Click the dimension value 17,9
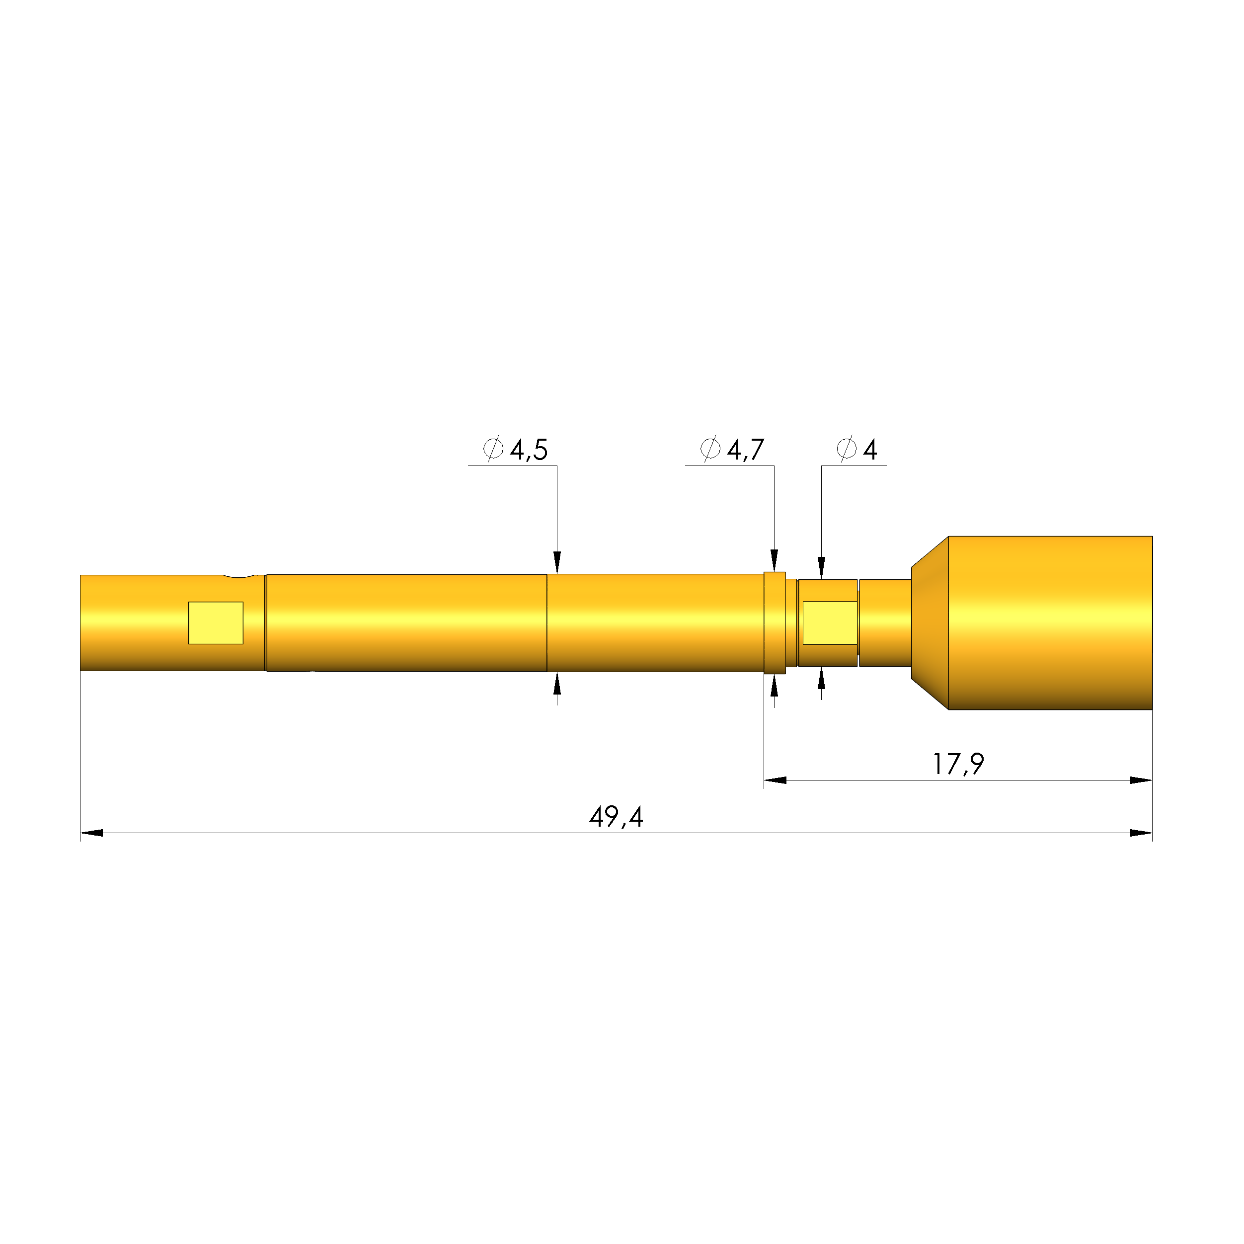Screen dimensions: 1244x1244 click(x=958, y=764)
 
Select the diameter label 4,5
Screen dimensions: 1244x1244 click(x=529, y=450)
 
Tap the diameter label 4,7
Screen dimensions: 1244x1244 click(x=746, y=450)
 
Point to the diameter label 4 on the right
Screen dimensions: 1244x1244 click(x=870, y=450)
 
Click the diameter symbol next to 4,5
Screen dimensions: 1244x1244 click(x=493, y=448)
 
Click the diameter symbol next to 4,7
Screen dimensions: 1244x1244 click(x=710, y=448)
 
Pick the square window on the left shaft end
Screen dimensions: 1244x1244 click(x=216, y=622)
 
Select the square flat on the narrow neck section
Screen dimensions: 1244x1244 click(x=829, y=622)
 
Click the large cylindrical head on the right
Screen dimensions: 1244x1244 click(x=1050, y=622)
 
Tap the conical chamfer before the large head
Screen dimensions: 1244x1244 click(x=930, y=622)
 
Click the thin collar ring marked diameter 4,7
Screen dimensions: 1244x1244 click(x=775, y=622)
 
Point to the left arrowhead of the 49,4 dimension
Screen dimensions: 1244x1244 click(x=91, y=833)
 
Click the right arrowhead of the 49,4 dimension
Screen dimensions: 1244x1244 click(x=1141, y=833)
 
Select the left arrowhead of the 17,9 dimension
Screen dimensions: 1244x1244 click(x=775, y=780)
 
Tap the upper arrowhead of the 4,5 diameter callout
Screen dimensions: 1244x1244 click(x=557, y=562)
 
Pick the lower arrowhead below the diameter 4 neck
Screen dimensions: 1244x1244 click(x=822, y=678)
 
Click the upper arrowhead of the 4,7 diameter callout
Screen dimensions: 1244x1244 click(x=775, y=560)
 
